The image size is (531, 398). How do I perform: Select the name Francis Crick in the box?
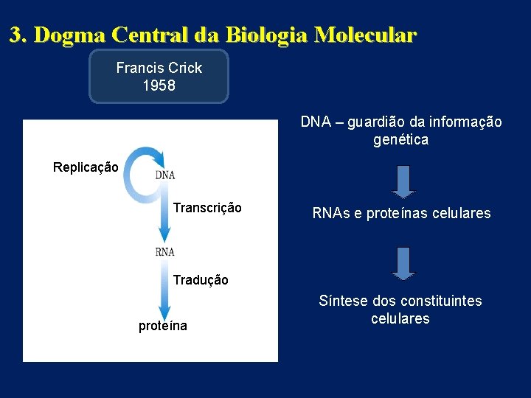159,68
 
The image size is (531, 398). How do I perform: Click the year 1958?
159,85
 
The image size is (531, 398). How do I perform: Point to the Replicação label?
86,167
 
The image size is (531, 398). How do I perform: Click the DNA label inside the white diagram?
165,175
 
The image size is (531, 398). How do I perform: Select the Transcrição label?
207,208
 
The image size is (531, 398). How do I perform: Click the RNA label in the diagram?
165,251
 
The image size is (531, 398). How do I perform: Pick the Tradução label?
201,280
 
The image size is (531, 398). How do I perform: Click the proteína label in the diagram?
163,326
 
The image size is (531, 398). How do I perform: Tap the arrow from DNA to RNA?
164,214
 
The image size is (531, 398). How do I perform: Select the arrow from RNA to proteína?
164,291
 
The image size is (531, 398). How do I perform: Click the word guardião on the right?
376,122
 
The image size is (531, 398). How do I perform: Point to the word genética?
400,139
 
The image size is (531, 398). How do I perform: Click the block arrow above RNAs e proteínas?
403,181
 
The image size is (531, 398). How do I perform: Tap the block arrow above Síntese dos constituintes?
403,263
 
